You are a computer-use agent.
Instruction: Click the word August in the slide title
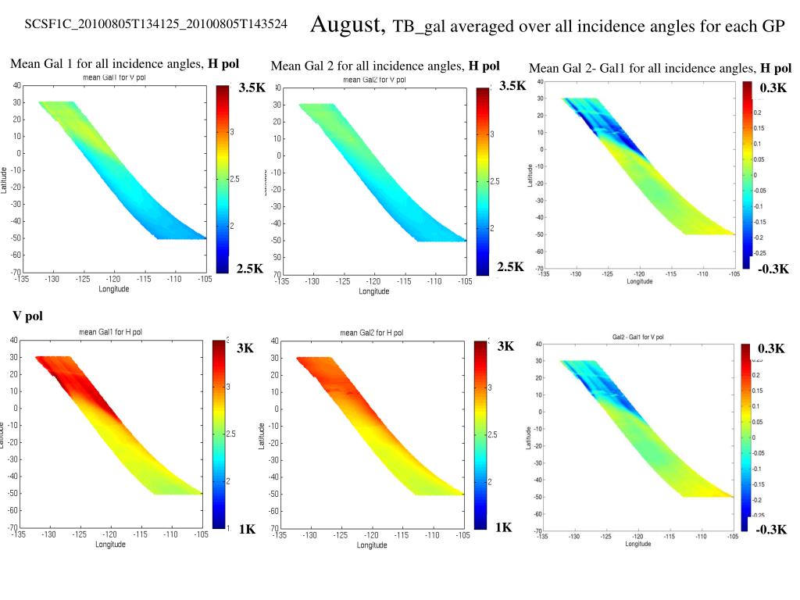(348, 25)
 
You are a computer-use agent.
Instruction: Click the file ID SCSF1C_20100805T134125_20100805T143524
(155, 25)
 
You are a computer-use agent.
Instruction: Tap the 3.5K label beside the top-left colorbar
(252, 87)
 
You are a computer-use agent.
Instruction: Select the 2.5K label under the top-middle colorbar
(510, 267)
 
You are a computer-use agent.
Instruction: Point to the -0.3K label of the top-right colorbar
(773, 269)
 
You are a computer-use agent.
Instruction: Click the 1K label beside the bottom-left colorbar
(247, 529)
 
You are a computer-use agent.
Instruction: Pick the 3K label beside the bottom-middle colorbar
(505, 346)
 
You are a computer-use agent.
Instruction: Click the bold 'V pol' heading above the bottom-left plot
(27, 316)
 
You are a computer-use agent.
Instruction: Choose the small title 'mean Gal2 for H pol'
(372, 333)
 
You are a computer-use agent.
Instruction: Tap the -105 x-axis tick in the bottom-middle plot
(463, 536)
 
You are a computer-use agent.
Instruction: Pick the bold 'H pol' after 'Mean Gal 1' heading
(223, 63)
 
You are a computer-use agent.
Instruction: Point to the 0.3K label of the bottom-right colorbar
(771, 348)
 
